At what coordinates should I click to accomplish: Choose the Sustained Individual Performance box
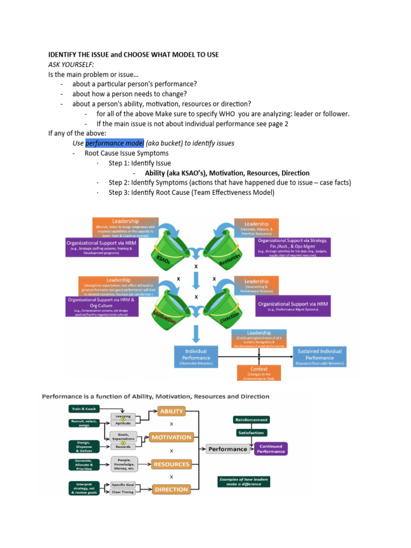click(319, 357)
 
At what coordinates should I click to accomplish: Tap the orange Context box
click(259, 372)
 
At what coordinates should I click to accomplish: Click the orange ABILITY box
click(171, 411)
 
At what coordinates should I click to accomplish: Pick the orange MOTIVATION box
click(171, 437)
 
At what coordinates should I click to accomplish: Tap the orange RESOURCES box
click(171, 464)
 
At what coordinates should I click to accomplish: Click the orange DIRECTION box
click(171, 489)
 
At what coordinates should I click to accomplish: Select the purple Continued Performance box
click(271, 448)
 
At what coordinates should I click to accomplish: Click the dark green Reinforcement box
click(251, 420)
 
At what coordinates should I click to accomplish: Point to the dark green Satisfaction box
click(251, 432)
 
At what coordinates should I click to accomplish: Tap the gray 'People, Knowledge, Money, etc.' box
click(124, 464)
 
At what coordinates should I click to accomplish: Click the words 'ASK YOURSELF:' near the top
click(71, 64)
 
